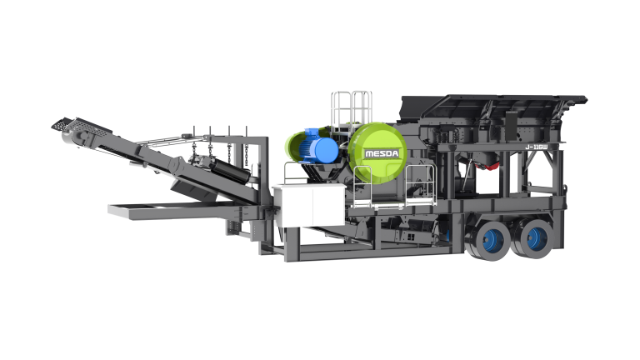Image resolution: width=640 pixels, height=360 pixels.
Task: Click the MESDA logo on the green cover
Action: tap(382, 153)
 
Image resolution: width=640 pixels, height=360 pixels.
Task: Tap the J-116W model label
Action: tap(537, 147)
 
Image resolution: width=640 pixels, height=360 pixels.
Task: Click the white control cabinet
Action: tap(309, 205)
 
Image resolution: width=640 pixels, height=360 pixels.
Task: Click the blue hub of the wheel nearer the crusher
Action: tap(492, 240)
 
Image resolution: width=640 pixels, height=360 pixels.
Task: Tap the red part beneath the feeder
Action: tap(491, 165)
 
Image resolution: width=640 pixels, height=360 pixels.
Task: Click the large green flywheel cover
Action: tap(377, 153)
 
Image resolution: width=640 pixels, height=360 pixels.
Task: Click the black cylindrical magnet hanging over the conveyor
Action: tap(228, 170)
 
